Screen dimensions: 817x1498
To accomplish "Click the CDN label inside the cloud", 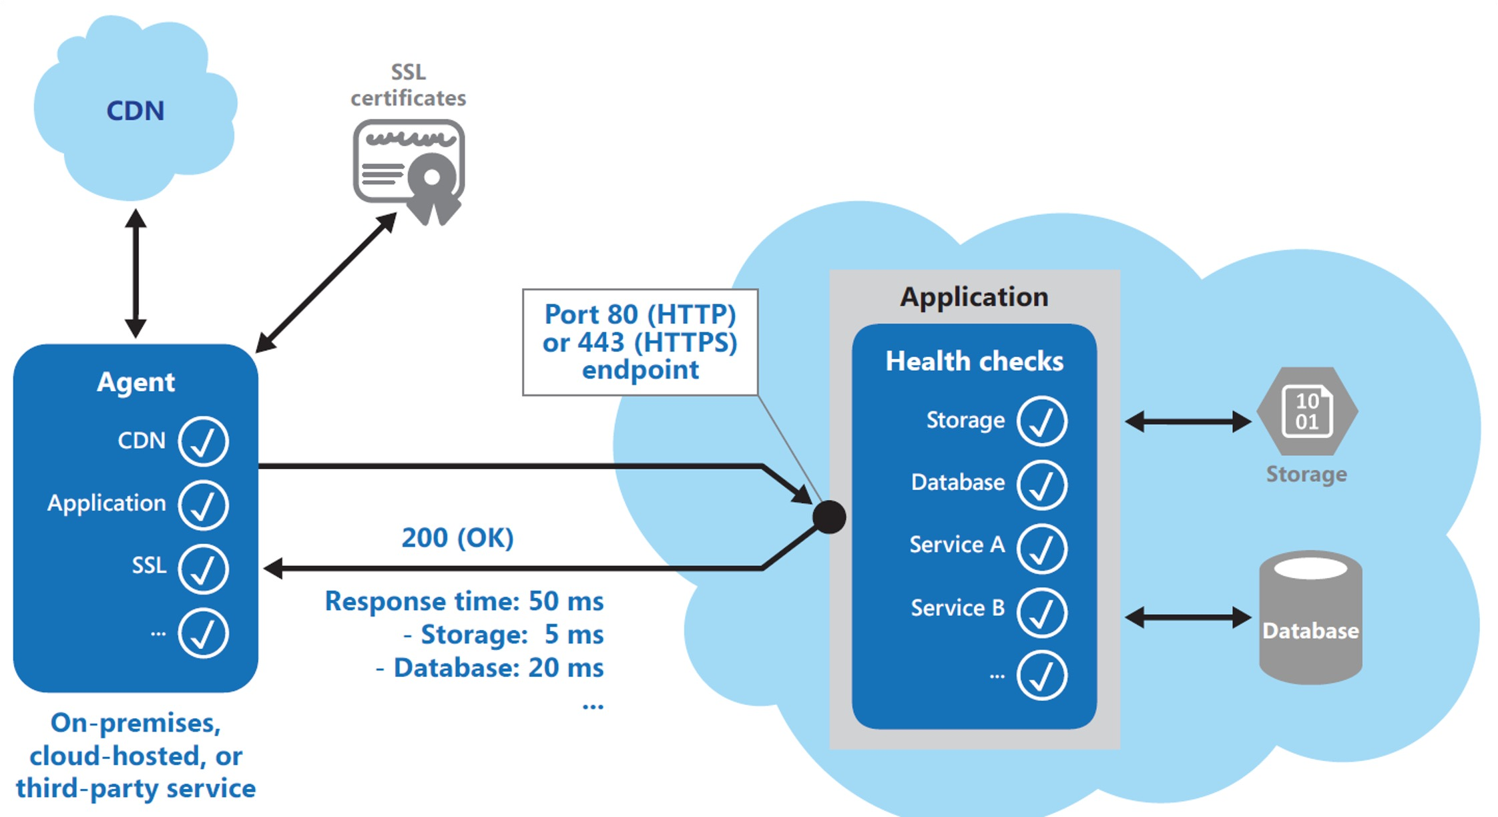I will click(136, 111).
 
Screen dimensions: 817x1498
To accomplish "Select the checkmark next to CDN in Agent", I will click(204, 441).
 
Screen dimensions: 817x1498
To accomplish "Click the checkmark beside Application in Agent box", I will click(204, 505).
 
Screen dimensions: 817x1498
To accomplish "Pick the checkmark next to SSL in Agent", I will click(204, 569).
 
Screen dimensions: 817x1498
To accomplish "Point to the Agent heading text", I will click(136, 382).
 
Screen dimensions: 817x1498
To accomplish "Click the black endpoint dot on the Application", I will click(830, 517).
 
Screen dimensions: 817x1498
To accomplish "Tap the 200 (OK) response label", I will click(458, 538).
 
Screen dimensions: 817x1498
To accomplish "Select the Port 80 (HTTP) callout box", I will click(640, 342).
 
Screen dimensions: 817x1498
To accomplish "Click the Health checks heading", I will click(974, 361).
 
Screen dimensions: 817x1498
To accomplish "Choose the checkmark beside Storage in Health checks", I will click(1042, 421).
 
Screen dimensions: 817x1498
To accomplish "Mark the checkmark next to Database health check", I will click(1042, 485).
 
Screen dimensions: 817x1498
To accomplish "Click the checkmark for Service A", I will click(1042, 548).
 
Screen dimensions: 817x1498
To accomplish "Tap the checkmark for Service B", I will click(1042, 611).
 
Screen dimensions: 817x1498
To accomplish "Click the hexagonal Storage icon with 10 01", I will click(1307, 411).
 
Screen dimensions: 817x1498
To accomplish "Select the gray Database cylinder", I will click(1310, 617).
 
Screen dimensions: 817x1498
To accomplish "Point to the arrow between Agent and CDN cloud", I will click(136, 274).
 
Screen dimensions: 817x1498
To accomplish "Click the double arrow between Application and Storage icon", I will click(1188, 421).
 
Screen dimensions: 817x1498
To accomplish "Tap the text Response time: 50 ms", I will click(464, 601).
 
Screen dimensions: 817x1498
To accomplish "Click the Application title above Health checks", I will click(974, 297).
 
